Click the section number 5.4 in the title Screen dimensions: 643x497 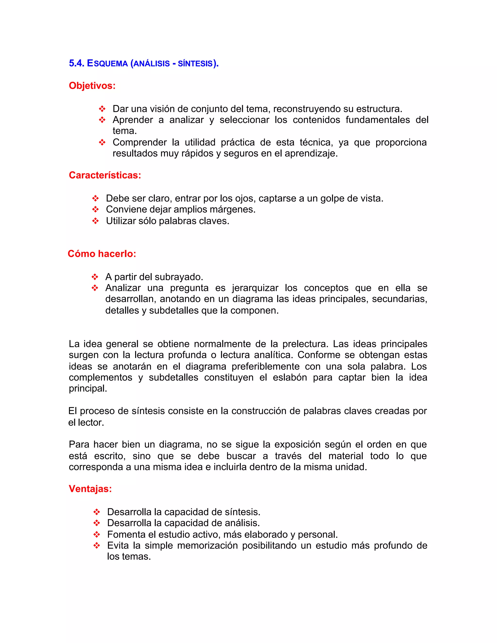[76, 63]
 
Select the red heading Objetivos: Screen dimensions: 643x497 [92, 86]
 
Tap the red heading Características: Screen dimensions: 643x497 [105, 175]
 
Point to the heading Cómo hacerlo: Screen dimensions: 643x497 [102, 254]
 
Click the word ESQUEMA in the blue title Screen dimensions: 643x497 [107, 63]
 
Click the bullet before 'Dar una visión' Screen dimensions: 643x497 [102, 109]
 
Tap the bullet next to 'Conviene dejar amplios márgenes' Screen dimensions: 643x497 [95, 210]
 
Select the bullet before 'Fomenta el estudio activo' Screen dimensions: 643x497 [97, 534]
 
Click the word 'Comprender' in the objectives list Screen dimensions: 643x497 [139, 142]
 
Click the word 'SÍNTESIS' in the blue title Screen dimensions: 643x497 [195, 64]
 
